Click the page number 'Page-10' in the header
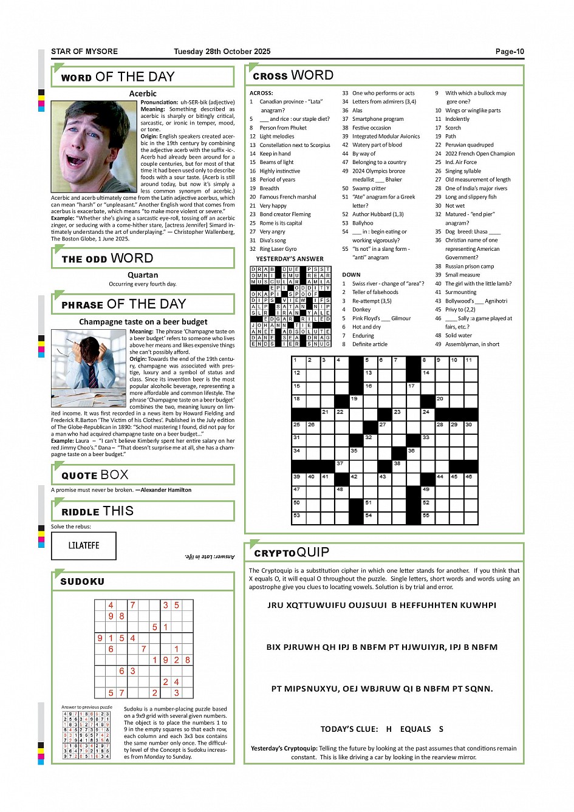point(510,52)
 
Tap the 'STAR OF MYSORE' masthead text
point(84,52)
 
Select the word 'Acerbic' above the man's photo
point(143,94)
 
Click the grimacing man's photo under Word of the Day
point(94,146)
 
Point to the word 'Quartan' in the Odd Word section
point(143,275)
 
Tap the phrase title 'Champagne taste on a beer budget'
point(143,321)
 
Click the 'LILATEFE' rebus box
point(84,545)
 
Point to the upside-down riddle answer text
point(210,556)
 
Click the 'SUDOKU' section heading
point(83,581)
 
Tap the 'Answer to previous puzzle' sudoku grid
point(87,735)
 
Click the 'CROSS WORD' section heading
point(293,75)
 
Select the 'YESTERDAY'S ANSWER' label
point(290,259)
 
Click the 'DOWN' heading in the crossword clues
point(351,275)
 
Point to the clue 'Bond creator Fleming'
point(285,214)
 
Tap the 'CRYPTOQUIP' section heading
point(292,552)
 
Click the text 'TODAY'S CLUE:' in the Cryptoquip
point(349,729)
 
